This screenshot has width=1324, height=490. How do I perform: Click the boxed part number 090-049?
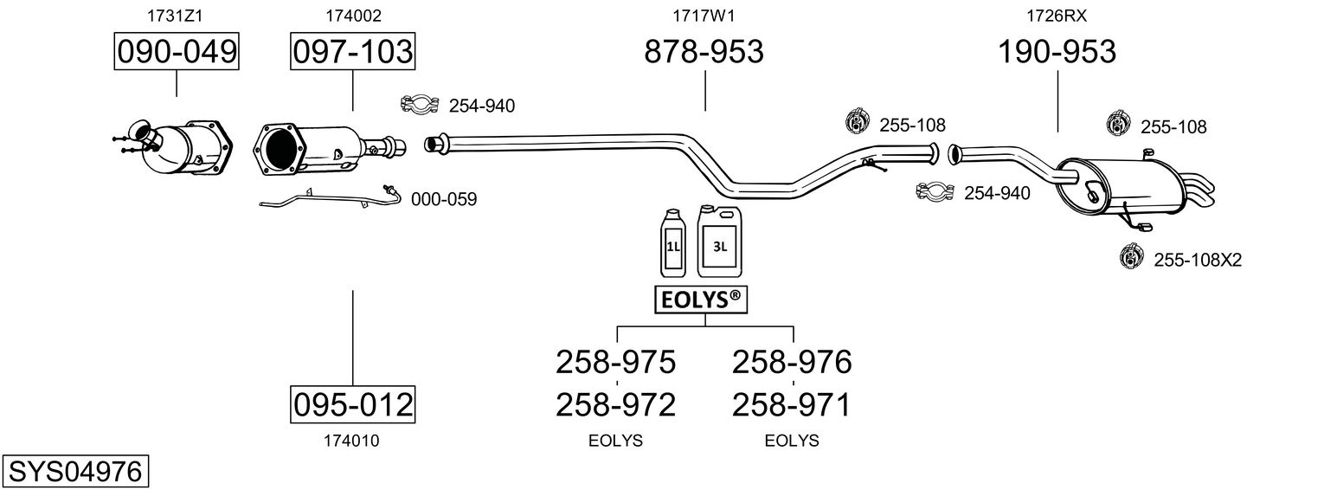click(x=177, y=52)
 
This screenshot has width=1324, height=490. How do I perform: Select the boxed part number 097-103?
click(x=352, y=52)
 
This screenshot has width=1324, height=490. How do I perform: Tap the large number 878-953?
click(x=704, y=52)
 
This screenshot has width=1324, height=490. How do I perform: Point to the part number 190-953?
click(x=1057, y=52)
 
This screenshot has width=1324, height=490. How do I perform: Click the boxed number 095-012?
click(x=352, y=404)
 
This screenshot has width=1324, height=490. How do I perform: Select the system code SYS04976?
click(x=74, y=472)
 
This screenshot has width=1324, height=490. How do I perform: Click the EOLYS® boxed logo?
click(x=700, y=300)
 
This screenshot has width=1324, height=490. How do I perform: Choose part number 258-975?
click(x=615, y=361)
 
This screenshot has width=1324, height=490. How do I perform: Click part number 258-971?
click(x=792, y=404)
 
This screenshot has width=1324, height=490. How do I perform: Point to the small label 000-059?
click(x=444, y=199)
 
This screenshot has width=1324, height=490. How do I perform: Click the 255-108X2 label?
click(x=1198, y=259)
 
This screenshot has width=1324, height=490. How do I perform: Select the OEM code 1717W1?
click(x=704, y=15)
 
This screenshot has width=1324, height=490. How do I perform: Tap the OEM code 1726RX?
click(x=1057, y=15)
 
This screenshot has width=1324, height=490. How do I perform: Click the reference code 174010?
click(x=351, y=441)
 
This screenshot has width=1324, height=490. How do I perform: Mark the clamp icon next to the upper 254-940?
click(x=419, y=105)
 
